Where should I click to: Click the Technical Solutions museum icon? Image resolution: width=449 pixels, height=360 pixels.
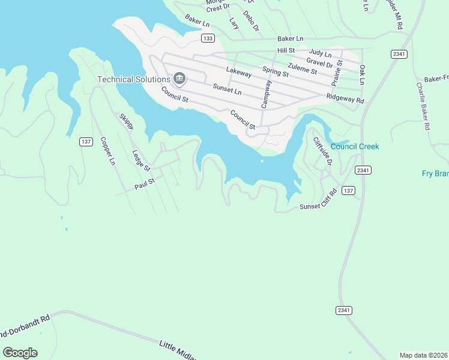pyautogui.click(x=179, y=79)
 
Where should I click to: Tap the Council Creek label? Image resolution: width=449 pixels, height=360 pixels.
pyautogui.click(x=355, y=146)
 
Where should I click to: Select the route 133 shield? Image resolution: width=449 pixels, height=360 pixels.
pyautogui.click(x=208, y=38)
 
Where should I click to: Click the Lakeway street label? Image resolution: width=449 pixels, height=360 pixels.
pyautogui.click(x=238, y=71)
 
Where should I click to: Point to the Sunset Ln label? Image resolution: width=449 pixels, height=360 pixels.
pyautogui.click(x=227, y=89)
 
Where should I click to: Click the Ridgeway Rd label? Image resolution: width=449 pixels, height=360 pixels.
pyautogui.click(x=345, y=99)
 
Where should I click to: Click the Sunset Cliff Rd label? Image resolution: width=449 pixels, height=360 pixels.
pyautogui.click(x=319, y=206)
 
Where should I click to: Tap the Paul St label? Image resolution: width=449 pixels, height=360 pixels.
pyautogui.click(x=145, y=183)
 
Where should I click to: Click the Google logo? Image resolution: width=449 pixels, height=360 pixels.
pyautogui.click(x=20, y=353)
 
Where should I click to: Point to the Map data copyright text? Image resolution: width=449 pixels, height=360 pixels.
pyautogui.click(x=423, y=355)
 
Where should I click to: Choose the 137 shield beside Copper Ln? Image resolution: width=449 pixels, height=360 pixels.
pyautogui.click(x=86, y=142)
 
